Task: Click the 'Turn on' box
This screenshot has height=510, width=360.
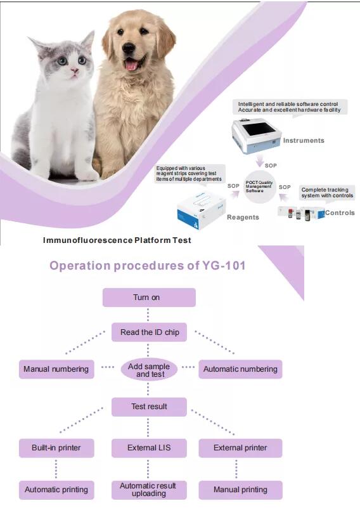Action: point(149,297)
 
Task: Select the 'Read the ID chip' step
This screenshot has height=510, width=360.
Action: point(149,332)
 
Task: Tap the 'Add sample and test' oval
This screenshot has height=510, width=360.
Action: point(149,370)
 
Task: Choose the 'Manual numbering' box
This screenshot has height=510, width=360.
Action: point(56,369)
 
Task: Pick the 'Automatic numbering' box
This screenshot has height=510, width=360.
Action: point(240,369)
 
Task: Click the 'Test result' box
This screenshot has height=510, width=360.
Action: point(149,407)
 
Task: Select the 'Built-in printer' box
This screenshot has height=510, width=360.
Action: point(56,448)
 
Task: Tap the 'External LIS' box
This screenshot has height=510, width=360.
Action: point(149,448)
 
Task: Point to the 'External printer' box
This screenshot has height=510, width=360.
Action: point(240,448)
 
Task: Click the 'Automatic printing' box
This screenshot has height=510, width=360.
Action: point(56,490)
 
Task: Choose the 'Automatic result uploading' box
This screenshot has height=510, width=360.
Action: point(149,490)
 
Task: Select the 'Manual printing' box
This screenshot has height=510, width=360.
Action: point(240,490)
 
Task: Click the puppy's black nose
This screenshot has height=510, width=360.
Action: point(129,48)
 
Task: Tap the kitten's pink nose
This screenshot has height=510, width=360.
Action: point(74,70)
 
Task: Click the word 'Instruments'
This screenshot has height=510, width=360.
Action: point(304,141)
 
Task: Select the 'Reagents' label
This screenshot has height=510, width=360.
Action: point(243,218)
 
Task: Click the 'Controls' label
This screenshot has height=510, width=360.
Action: point(340,213)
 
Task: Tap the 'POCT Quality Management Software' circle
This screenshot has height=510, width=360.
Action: point(260,186)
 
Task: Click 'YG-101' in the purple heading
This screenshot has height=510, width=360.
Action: point(224,265)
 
